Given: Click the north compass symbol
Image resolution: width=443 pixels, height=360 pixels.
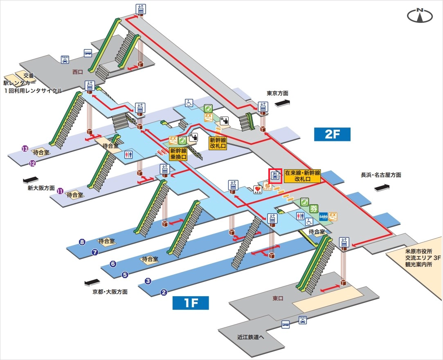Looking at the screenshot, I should pyautogui.click(x=420, y=16).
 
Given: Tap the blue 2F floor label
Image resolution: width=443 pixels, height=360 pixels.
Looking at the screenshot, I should pyautogui.click(x=332, y=134).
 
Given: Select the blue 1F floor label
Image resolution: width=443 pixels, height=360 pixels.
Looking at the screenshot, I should pyautogui.click(x=191, y=303).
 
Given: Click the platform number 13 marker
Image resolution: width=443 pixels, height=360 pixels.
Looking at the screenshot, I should pyautogui.click(x=25, y=149).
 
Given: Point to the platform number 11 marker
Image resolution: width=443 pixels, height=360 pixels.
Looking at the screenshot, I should pyautogui.click(x=60, y=190).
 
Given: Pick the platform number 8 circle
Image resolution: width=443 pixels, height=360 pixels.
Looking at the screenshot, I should pyautogui.click(x=82, y=242).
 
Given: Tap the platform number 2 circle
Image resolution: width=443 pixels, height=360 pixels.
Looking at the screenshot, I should pyautogui.click(x=164, y=292).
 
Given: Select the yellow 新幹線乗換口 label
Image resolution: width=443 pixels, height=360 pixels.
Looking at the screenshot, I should pyautogui.click(x=178, y=153).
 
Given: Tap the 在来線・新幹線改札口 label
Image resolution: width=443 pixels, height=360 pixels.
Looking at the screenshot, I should pyautogui.click(x=303, y=176).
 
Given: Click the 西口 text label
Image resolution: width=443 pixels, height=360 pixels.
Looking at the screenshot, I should pyautogui.click(x=77, y=72).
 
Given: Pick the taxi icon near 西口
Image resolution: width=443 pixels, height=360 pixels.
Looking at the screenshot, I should pyautogui.click(x=65, y=59).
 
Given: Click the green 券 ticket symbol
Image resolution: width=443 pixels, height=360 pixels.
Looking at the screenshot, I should pyautogui.click(x=314, y=208).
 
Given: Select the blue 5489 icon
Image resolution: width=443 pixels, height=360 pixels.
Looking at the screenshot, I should pyautogui.click(x=323, y=215).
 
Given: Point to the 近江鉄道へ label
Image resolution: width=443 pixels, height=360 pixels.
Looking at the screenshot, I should pyautogui.click(x=251, y=338).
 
